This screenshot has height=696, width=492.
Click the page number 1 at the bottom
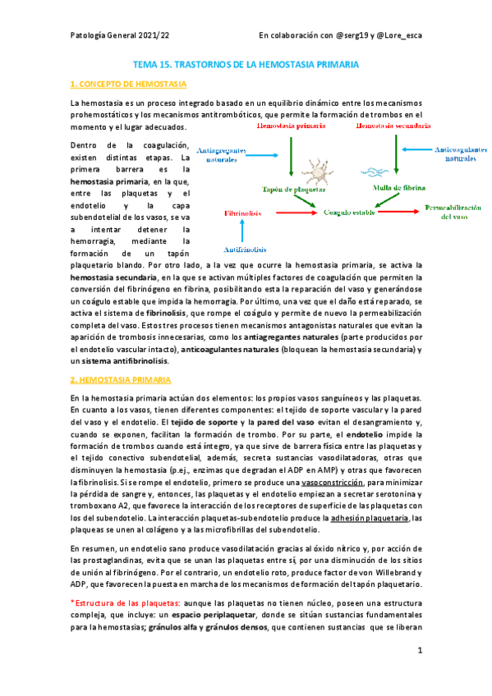click(x=419, y=650)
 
